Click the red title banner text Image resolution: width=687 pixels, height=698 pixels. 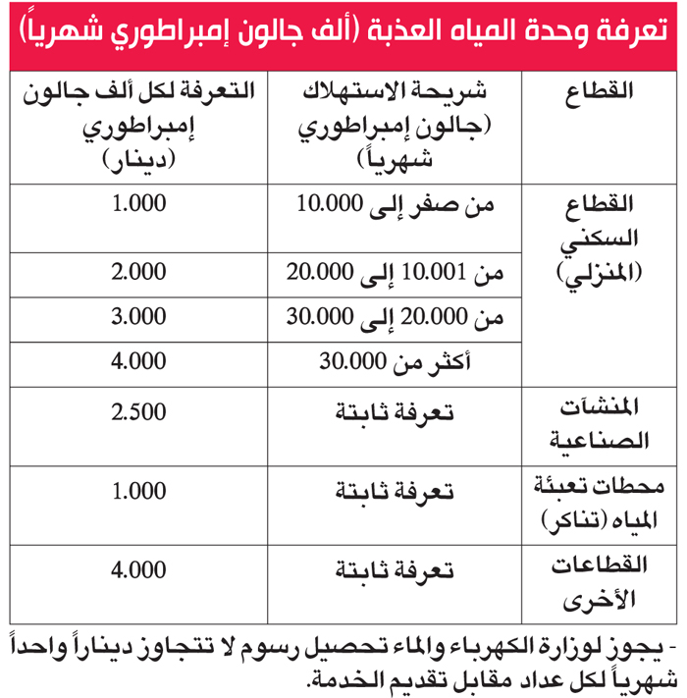[343, 35]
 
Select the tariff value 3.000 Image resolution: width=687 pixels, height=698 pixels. [138, 316]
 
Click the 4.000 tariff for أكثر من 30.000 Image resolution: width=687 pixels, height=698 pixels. [138, 360]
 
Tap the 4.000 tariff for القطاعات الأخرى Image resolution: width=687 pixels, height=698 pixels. [138, 569]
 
